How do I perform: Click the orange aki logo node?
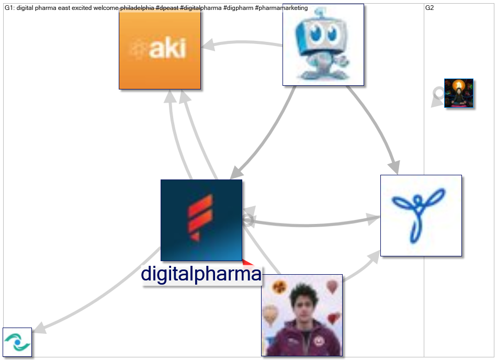tap(160, 49)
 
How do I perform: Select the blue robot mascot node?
tap(323, 44)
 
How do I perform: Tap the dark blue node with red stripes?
tap(201, 220)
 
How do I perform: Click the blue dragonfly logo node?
tap(421, 215)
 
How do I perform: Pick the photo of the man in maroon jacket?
tap(302, 315)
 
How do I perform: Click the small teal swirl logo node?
tap(17, 342)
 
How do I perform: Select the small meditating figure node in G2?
tap(459, 93)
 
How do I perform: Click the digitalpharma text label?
tap(201, 274)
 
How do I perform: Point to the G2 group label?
tap(430, 8)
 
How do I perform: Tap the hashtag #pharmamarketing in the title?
tap(281, 8)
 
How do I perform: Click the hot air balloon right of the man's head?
tap(332, 286)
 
